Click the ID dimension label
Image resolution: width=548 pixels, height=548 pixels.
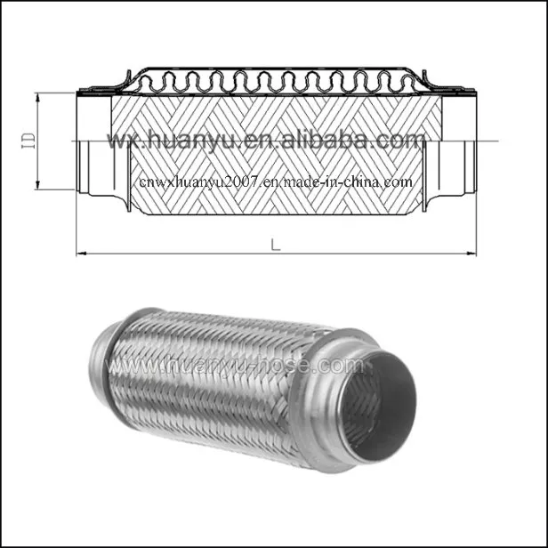click(28, 140)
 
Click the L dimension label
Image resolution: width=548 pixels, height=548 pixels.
click(275, 245)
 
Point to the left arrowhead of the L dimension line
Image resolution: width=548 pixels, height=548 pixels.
click(81, 254)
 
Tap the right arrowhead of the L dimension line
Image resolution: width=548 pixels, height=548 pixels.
click(471, 254)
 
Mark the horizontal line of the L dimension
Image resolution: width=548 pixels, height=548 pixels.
click(178, 254)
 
